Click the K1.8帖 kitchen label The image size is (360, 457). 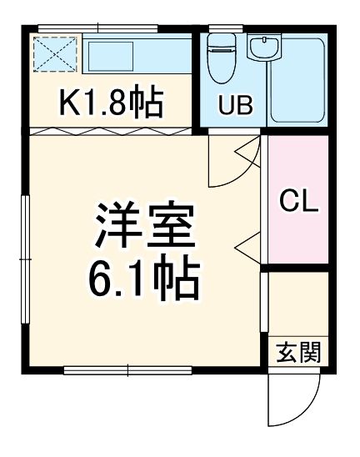coord(110,103)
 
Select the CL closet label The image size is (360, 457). coord(297,201)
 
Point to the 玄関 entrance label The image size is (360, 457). coord(297,352)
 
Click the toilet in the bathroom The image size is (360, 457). coord(221,58)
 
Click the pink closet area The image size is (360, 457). coord(297,200)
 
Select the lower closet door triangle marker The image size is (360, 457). coord(248,244)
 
